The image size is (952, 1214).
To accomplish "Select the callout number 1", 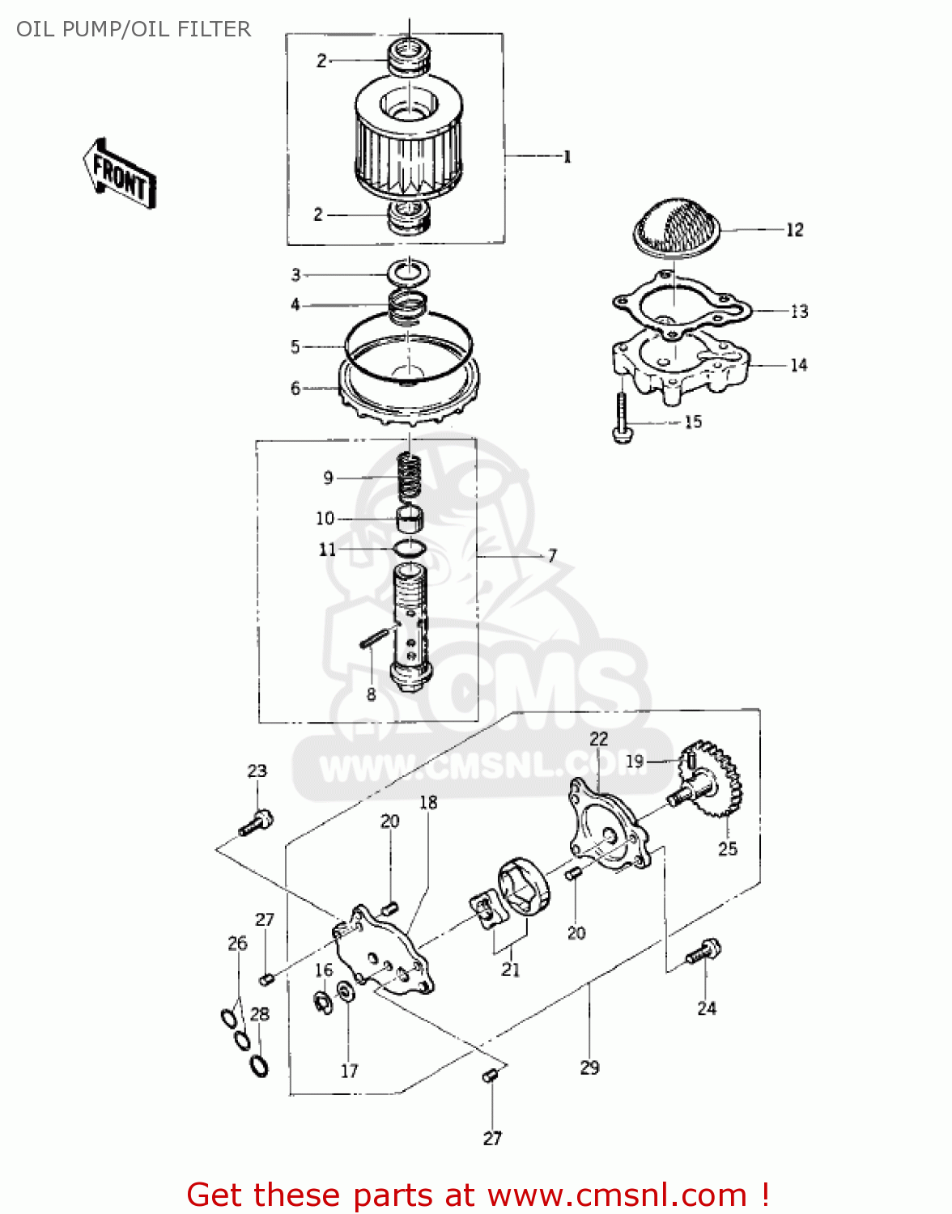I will [x=567, y=157].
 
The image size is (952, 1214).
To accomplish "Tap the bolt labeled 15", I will [x=621, y=418].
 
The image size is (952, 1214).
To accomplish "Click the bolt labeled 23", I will [x=257, y=822].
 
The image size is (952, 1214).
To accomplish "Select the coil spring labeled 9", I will [x=410, y=478].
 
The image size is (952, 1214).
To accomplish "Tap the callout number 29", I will [x=589, y=1068].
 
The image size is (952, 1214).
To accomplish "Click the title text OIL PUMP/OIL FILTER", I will [x=134, y=29].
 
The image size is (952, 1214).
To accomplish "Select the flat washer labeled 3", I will [x=409, y=274].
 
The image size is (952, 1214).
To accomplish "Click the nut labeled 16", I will [x=322, y=1002].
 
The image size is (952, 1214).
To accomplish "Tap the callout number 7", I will [x=552, y=556].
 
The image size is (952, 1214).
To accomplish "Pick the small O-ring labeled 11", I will [x=410, y=549].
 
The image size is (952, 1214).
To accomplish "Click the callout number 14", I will [x=798, y=365].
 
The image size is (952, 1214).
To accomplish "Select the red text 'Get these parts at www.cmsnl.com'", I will [x=478, y=1195].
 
